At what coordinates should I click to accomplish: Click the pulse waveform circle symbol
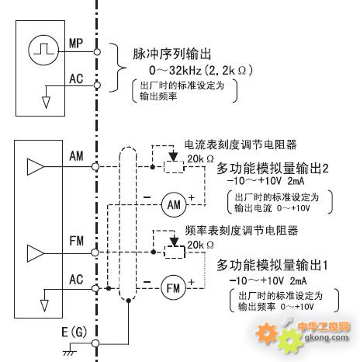coord(43,50)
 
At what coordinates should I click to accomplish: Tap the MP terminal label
coord(76,43)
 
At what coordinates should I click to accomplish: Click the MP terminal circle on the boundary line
coord(97,52)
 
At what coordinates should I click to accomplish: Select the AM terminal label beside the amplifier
coord(76,156)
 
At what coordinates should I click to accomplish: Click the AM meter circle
coord(174,205)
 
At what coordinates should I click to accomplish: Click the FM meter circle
coord(174,287)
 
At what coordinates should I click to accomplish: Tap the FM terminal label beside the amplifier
coord(76,241)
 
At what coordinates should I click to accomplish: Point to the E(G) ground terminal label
coord(74,332)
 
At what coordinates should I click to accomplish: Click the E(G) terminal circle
coord(95,343)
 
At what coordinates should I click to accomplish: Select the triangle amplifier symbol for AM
coord(36,167)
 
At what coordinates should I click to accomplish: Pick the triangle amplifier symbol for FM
coord(36,253)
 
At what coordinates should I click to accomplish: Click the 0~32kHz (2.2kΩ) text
coord(200,71)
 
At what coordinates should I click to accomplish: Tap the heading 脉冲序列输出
coord(172,54)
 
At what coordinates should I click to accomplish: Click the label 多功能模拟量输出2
coord(272,169)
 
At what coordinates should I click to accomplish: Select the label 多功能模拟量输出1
coord(272,265)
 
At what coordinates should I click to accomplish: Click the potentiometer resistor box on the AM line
coord(174,167)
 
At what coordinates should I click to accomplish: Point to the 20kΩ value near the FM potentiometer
coord(200,245)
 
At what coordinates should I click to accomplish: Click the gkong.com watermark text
coord(327,337)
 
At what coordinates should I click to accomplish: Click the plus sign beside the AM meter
coord(191,197)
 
